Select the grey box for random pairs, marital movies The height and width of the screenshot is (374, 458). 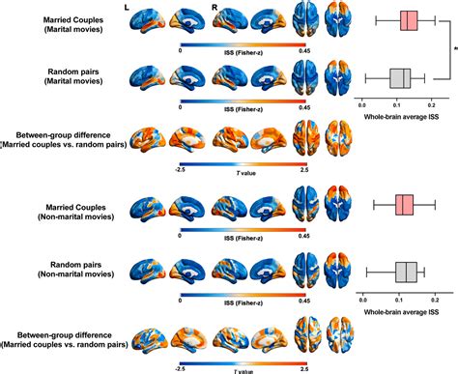tap(401, 77)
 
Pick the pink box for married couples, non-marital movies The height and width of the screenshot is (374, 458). tap(404, 204)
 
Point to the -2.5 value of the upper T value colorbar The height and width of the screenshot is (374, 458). tap(182, 170)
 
